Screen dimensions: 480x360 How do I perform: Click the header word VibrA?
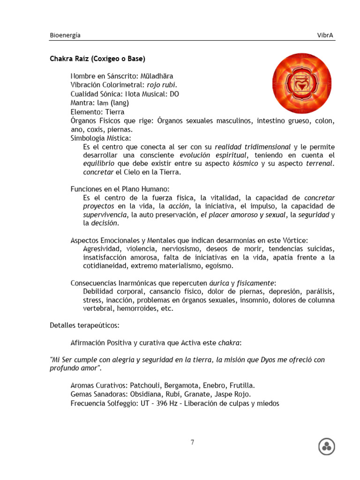click(326, 35)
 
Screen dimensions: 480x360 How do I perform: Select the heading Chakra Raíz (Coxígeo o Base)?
click(97, 59)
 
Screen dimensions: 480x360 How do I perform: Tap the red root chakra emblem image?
click(302, 83)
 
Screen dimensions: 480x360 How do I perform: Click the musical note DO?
click(174, 94)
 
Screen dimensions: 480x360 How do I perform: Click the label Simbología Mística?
click(100, 138)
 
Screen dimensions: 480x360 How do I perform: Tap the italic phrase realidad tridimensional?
click(253, 147)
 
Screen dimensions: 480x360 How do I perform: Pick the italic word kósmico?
click(245, 164)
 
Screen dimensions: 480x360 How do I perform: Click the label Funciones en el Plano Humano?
click(119, 189)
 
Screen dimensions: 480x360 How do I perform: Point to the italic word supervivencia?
click(105, 215)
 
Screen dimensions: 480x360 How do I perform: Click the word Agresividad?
click(102, 248)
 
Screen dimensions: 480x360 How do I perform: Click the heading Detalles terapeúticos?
click(84, 325)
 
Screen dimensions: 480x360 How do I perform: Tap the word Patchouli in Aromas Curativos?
click(146, 385)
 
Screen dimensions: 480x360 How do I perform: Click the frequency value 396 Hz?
click(168, 403)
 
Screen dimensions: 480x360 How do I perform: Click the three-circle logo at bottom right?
click(327, 447)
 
